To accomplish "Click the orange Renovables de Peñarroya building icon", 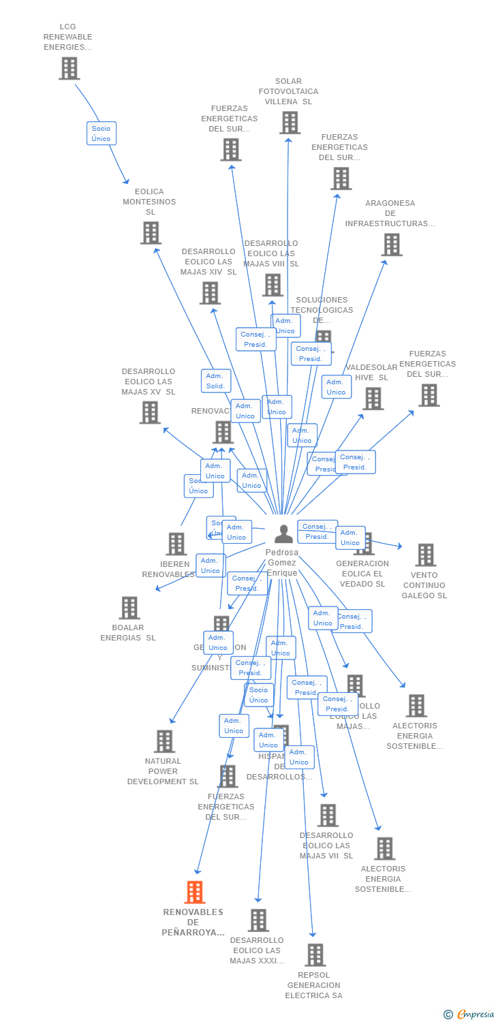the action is (195, 892).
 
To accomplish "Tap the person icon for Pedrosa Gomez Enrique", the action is (283, 534).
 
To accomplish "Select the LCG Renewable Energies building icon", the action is (69, 68).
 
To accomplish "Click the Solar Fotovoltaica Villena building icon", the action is (290, 123).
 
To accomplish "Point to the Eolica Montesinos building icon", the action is (151, 233).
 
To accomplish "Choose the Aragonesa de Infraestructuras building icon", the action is (392, 245).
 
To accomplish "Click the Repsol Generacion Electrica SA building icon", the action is (315, 955).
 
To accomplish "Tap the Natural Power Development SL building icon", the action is (164, 741).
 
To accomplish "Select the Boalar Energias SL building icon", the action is (129, 608).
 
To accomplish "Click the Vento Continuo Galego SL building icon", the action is (426, 555).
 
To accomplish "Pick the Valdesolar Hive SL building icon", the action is (373, 399).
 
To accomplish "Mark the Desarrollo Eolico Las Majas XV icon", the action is (150, 412).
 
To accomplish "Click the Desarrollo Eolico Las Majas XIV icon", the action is (210, 293).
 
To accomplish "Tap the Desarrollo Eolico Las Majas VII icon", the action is (328, 816).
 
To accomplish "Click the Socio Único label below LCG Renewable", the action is (101, 133).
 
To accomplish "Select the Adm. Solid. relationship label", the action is (215, 381).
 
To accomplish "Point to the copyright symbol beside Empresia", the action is (448, 1015).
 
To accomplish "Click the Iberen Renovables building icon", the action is (176, 544).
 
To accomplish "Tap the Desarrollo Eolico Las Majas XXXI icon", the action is (258, 920).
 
